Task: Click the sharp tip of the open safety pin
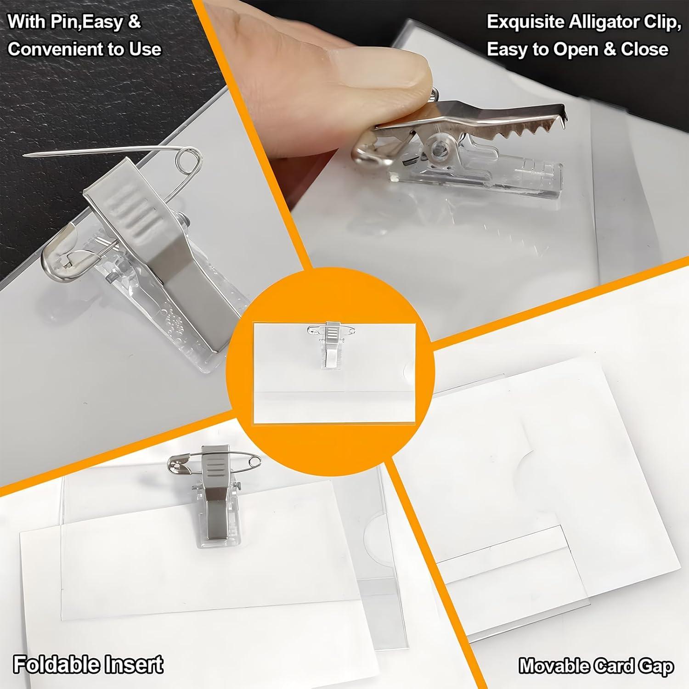[x=25, y=156]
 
